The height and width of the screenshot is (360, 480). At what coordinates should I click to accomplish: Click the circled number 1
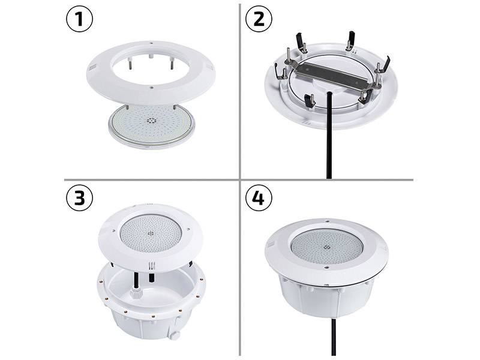(x=79, y=19)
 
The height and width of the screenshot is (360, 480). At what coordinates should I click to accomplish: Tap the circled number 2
(x=259, y=19)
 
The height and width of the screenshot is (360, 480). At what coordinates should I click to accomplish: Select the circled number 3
(x=79, y=198)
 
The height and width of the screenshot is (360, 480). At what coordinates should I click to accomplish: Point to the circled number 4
(x=259, y=198)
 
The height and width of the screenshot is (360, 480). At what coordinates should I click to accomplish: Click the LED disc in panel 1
(x=152, y=126)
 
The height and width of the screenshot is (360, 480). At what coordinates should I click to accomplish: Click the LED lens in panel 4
(x=327, y=247)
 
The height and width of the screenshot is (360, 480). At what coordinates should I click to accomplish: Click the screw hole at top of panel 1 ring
(x=151, y=43)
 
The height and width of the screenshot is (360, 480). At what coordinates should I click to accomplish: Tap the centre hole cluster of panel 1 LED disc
(x=151, y=121)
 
